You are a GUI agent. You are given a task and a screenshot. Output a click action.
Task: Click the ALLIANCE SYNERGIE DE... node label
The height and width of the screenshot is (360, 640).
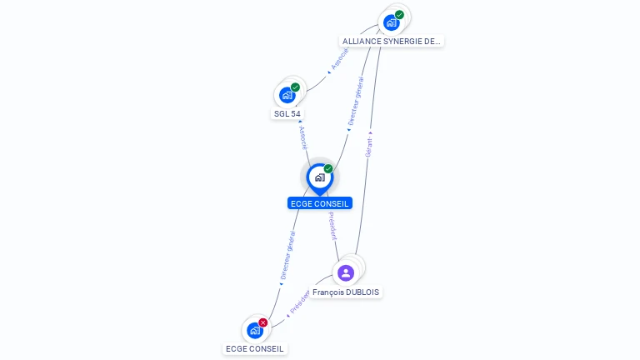click(392, 41)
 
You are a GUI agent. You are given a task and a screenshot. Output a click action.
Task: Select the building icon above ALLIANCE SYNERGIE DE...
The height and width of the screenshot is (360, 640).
click(391, 23)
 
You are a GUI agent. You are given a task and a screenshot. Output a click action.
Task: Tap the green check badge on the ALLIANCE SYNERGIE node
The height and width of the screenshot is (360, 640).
click(399, 15)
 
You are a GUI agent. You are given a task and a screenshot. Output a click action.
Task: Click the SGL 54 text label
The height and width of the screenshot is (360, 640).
click(287, 113)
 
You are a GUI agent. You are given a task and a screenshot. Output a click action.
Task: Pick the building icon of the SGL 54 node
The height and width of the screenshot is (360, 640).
click(287, 95)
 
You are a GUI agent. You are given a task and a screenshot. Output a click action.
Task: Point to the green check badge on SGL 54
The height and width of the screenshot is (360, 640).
click(295, 87)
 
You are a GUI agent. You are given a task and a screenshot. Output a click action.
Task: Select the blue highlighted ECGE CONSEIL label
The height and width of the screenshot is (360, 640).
click(320, 203)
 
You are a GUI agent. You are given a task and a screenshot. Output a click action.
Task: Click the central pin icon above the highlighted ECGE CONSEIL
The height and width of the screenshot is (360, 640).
click(319, 177)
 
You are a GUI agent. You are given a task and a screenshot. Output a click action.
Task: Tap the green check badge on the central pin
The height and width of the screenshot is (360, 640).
click(328, 169)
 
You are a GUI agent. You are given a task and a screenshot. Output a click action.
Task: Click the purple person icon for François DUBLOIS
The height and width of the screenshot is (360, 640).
click(347, 272)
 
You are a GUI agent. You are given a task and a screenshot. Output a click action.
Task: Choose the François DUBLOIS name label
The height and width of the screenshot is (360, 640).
click(347, 292)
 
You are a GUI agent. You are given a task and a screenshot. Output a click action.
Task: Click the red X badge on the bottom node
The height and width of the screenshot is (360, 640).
click(263, 322)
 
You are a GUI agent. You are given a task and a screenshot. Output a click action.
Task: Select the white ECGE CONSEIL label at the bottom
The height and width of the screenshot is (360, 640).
click(255, 348)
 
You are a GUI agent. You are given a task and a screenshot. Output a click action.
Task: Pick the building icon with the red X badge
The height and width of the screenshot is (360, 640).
click(255, 331)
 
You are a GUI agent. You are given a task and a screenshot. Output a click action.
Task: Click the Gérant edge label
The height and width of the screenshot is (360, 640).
click(369, 145)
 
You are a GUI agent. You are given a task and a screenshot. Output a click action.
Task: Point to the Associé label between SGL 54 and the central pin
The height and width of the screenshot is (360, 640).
click(302, 137)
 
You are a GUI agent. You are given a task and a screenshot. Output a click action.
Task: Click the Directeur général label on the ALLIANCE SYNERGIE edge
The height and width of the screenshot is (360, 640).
click(355, 102)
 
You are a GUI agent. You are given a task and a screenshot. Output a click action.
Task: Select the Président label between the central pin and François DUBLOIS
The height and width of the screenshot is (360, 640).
click(332, 226)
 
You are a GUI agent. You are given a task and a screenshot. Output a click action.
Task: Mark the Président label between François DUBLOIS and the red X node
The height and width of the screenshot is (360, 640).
click(299, 303)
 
